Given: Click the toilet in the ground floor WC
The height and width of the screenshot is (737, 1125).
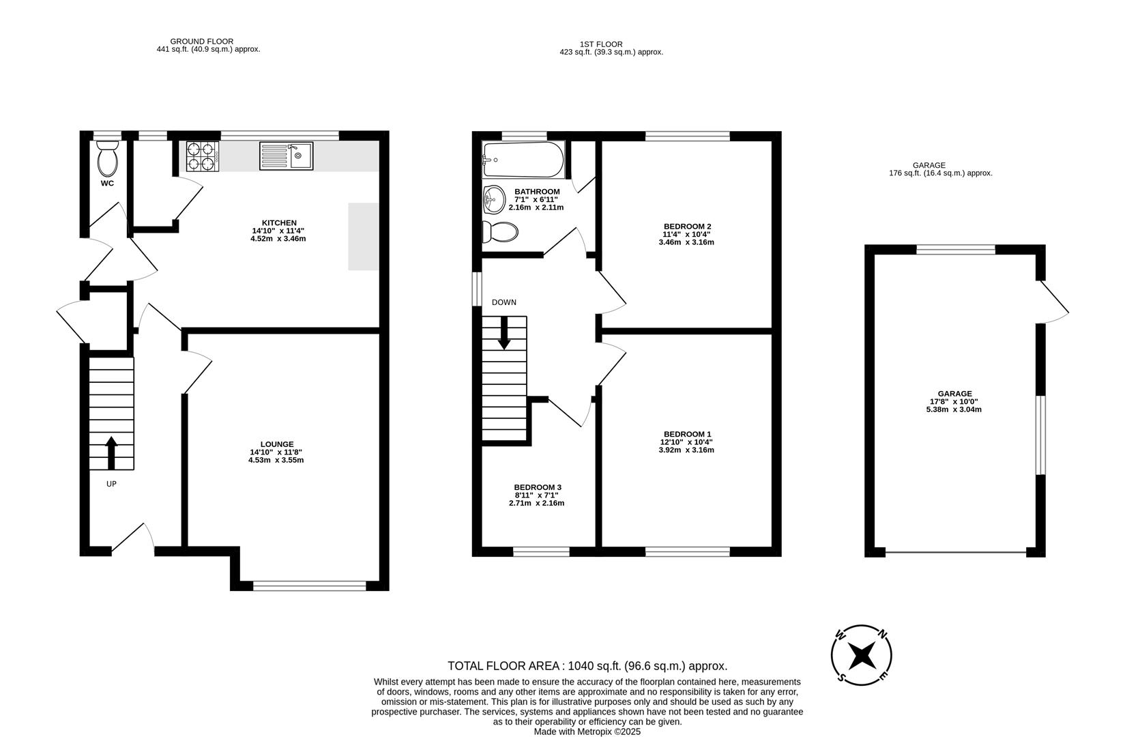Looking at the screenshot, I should [107, 159].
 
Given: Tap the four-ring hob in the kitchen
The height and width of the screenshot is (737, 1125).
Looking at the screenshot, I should [202, 156].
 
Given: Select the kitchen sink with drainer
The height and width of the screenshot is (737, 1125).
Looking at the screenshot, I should [286, 156].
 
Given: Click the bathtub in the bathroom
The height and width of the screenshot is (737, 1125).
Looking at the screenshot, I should [523, 159].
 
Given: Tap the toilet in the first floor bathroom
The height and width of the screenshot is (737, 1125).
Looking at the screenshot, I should [500, 232].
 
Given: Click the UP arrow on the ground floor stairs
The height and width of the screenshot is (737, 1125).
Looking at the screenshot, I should [111, 452].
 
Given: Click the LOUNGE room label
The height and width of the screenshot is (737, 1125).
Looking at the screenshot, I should [276, 444].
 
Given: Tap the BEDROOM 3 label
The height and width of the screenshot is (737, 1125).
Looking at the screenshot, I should [538, 487].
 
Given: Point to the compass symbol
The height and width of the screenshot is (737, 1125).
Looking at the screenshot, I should [862, 655].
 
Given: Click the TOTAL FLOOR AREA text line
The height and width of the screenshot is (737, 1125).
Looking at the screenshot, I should [587, 666].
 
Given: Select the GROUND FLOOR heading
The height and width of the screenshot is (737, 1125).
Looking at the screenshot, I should [201, 42].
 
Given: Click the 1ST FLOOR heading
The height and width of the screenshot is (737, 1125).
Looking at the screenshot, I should [601, 44].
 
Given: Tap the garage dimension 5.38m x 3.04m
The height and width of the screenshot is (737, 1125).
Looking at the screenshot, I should [954, 409].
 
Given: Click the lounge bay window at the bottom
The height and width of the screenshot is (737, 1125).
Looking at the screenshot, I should [310, 585].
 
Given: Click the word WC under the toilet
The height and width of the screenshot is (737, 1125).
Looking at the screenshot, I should [107, 184].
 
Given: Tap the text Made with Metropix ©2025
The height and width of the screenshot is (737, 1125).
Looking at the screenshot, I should [587, 732].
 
